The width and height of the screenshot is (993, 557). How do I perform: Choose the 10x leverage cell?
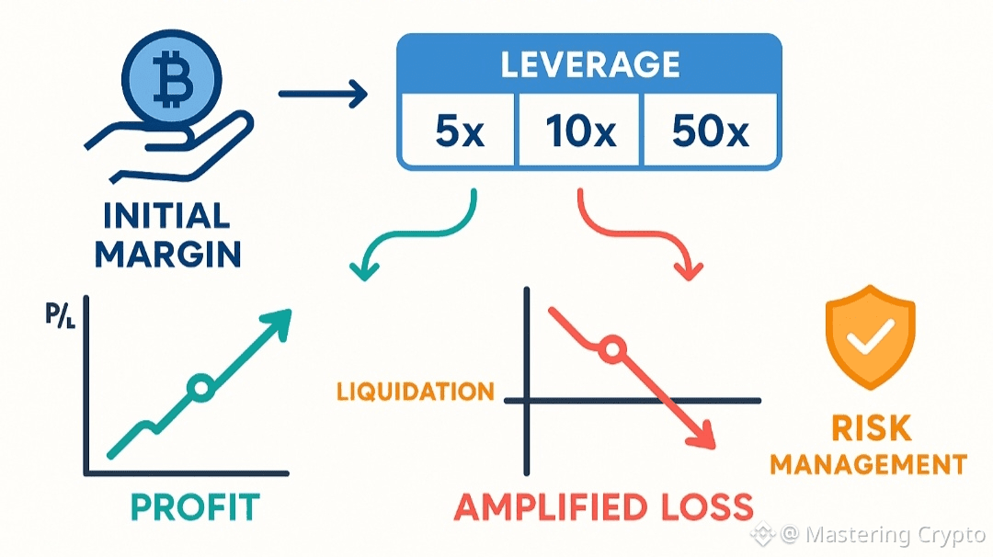pyautogui.click(x=580, y=133)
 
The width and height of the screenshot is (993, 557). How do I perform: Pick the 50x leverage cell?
pyautogui.click(x=709, y=133)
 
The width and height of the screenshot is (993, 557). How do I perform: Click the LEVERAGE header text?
pyautogui.click(x=589, y=63)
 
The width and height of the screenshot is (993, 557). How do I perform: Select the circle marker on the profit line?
pyautogui.click(x=200, y=388)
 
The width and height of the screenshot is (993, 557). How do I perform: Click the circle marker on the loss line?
pyautogui.click(x=611, y=349)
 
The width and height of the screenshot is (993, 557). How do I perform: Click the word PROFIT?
pyautogui.click(x=195, y=506)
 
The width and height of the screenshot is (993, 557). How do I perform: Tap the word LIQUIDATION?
pyautogui.click(x=416, y=392)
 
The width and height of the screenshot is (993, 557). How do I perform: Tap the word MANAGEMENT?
pyautogui.click(x=868, y=464)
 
